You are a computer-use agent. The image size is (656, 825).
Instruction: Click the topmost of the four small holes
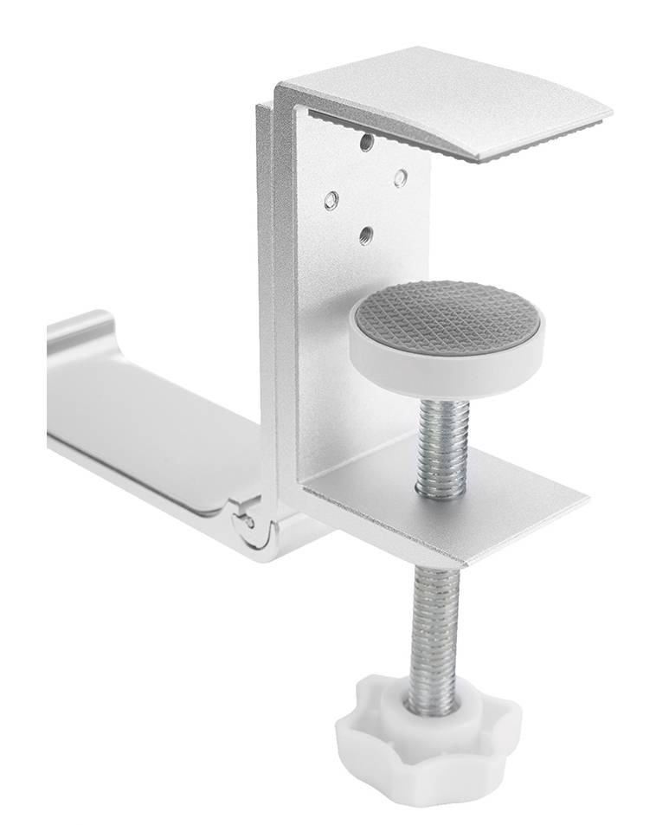tap(367, 141)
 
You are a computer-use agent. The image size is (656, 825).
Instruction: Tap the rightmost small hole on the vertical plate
tap(401, 177)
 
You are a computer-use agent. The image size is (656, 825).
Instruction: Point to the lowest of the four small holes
tap(366, 234)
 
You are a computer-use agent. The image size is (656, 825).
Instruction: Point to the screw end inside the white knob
tap(433, 707)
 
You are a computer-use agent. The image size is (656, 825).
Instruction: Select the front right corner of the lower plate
tap(584, 500)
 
